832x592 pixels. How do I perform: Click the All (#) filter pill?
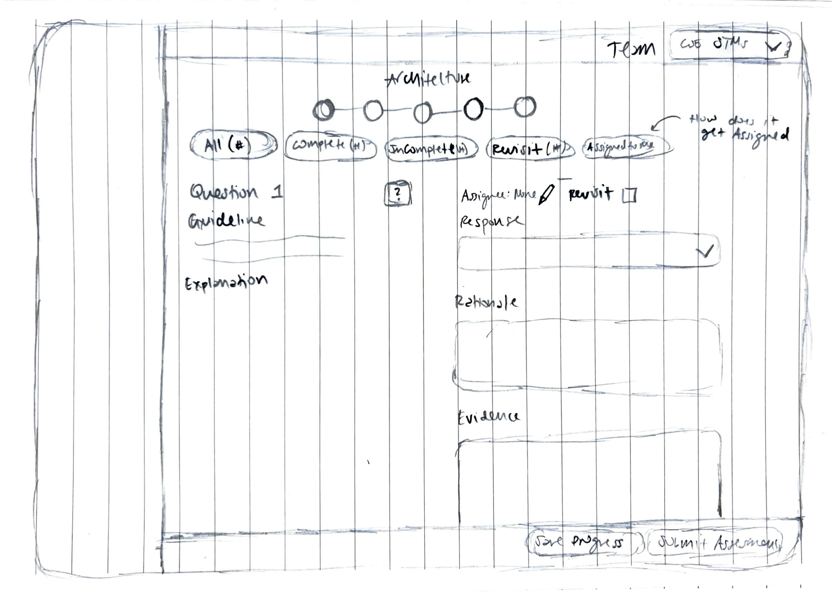click(x=233, y=145)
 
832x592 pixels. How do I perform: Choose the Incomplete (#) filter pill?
click(x=431, y=149)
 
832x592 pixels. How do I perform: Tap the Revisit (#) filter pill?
click(x=530, y=149)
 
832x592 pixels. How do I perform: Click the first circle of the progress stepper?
click(x=323, y=110)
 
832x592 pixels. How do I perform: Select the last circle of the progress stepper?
click(x=525, y=107)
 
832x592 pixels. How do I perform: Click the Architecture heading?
click(x=427, y=78)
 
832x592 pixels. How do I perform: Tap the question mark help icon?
click(x=398, y=194)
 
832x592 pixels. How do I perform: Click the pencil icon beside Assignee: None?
click(x=546, y=195)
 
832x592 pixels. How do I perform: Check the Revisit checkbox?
click(x=629, y=196)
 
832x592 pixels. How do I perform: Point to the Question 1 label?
click(x=236, y=192)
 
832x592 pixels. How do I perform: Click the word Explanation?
click(x=226, y=282)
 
